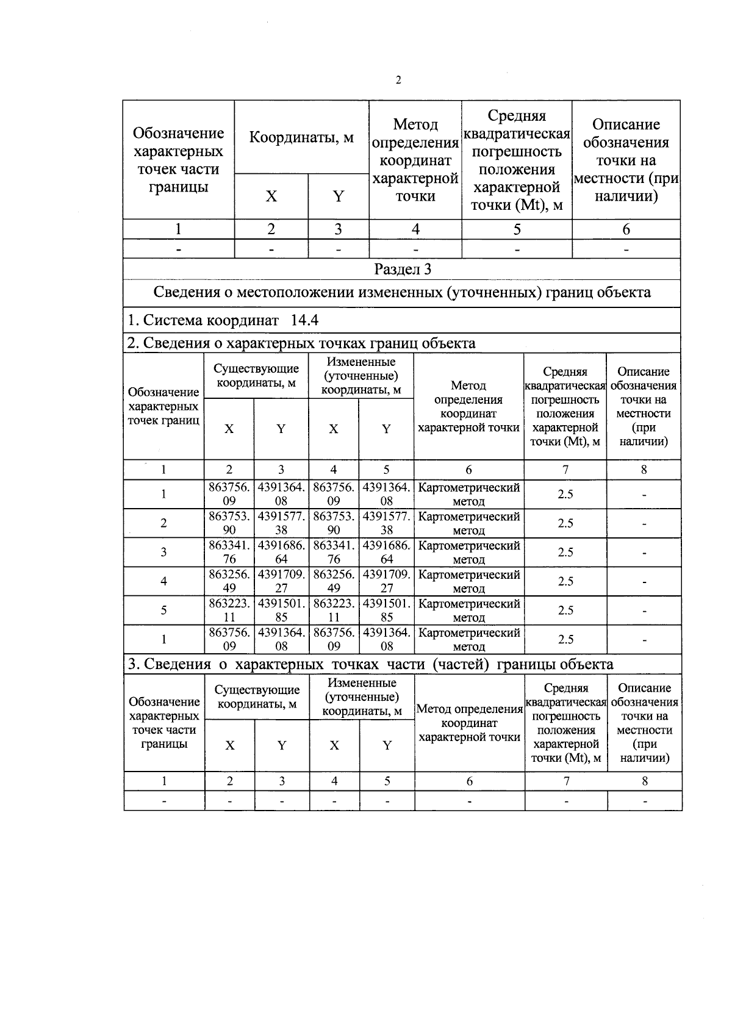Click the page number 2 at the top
point(398,81)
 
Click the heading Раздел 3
point(403,269)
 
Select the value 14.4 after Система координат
point(301,320)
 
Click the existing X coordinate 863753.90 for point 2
point(229,523)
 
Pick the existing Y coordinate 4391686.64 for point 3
point(281,552)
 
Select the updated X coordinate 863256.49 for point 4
point(334,581)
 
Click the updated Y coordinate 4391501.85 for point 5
point(386,611)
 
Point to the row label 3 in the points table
point(163,552)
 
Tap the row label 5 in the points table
point(163,610)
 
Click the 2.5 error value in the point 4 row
point(565,581)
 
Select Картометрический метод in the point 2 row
point(468,523)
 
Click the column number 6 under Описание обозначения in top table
point(626,229)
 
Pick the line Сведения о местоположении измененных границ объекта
point(402,292)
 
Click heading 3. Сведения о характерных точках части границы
point(370,664)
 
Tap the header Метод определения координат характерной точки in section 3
point(470,723)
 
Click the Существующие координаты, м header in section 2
point(256,376)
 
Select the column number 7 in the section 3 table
point(566,781)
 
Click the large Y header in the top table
point(338,196)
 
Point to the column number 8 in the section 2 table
point(644,470)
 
